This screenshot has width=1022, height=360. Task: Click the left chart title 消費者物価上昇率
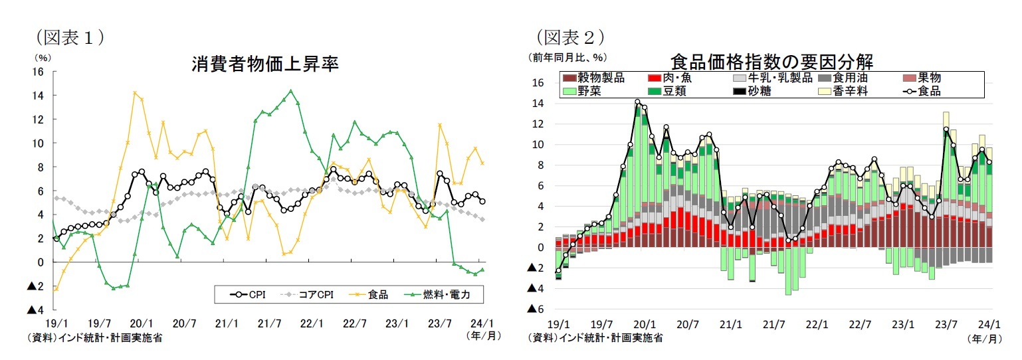266,64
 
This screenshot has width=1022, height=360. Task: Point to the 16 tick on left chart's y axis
39,71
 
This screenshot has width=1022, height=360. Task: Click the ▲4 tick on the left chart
35,310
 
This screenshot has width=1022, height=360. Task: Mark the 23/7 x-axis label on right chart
946,324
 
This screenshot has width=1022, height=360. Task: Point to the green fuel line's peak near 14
290,91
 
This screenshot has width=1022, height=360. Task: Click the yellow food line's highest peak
135,93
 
